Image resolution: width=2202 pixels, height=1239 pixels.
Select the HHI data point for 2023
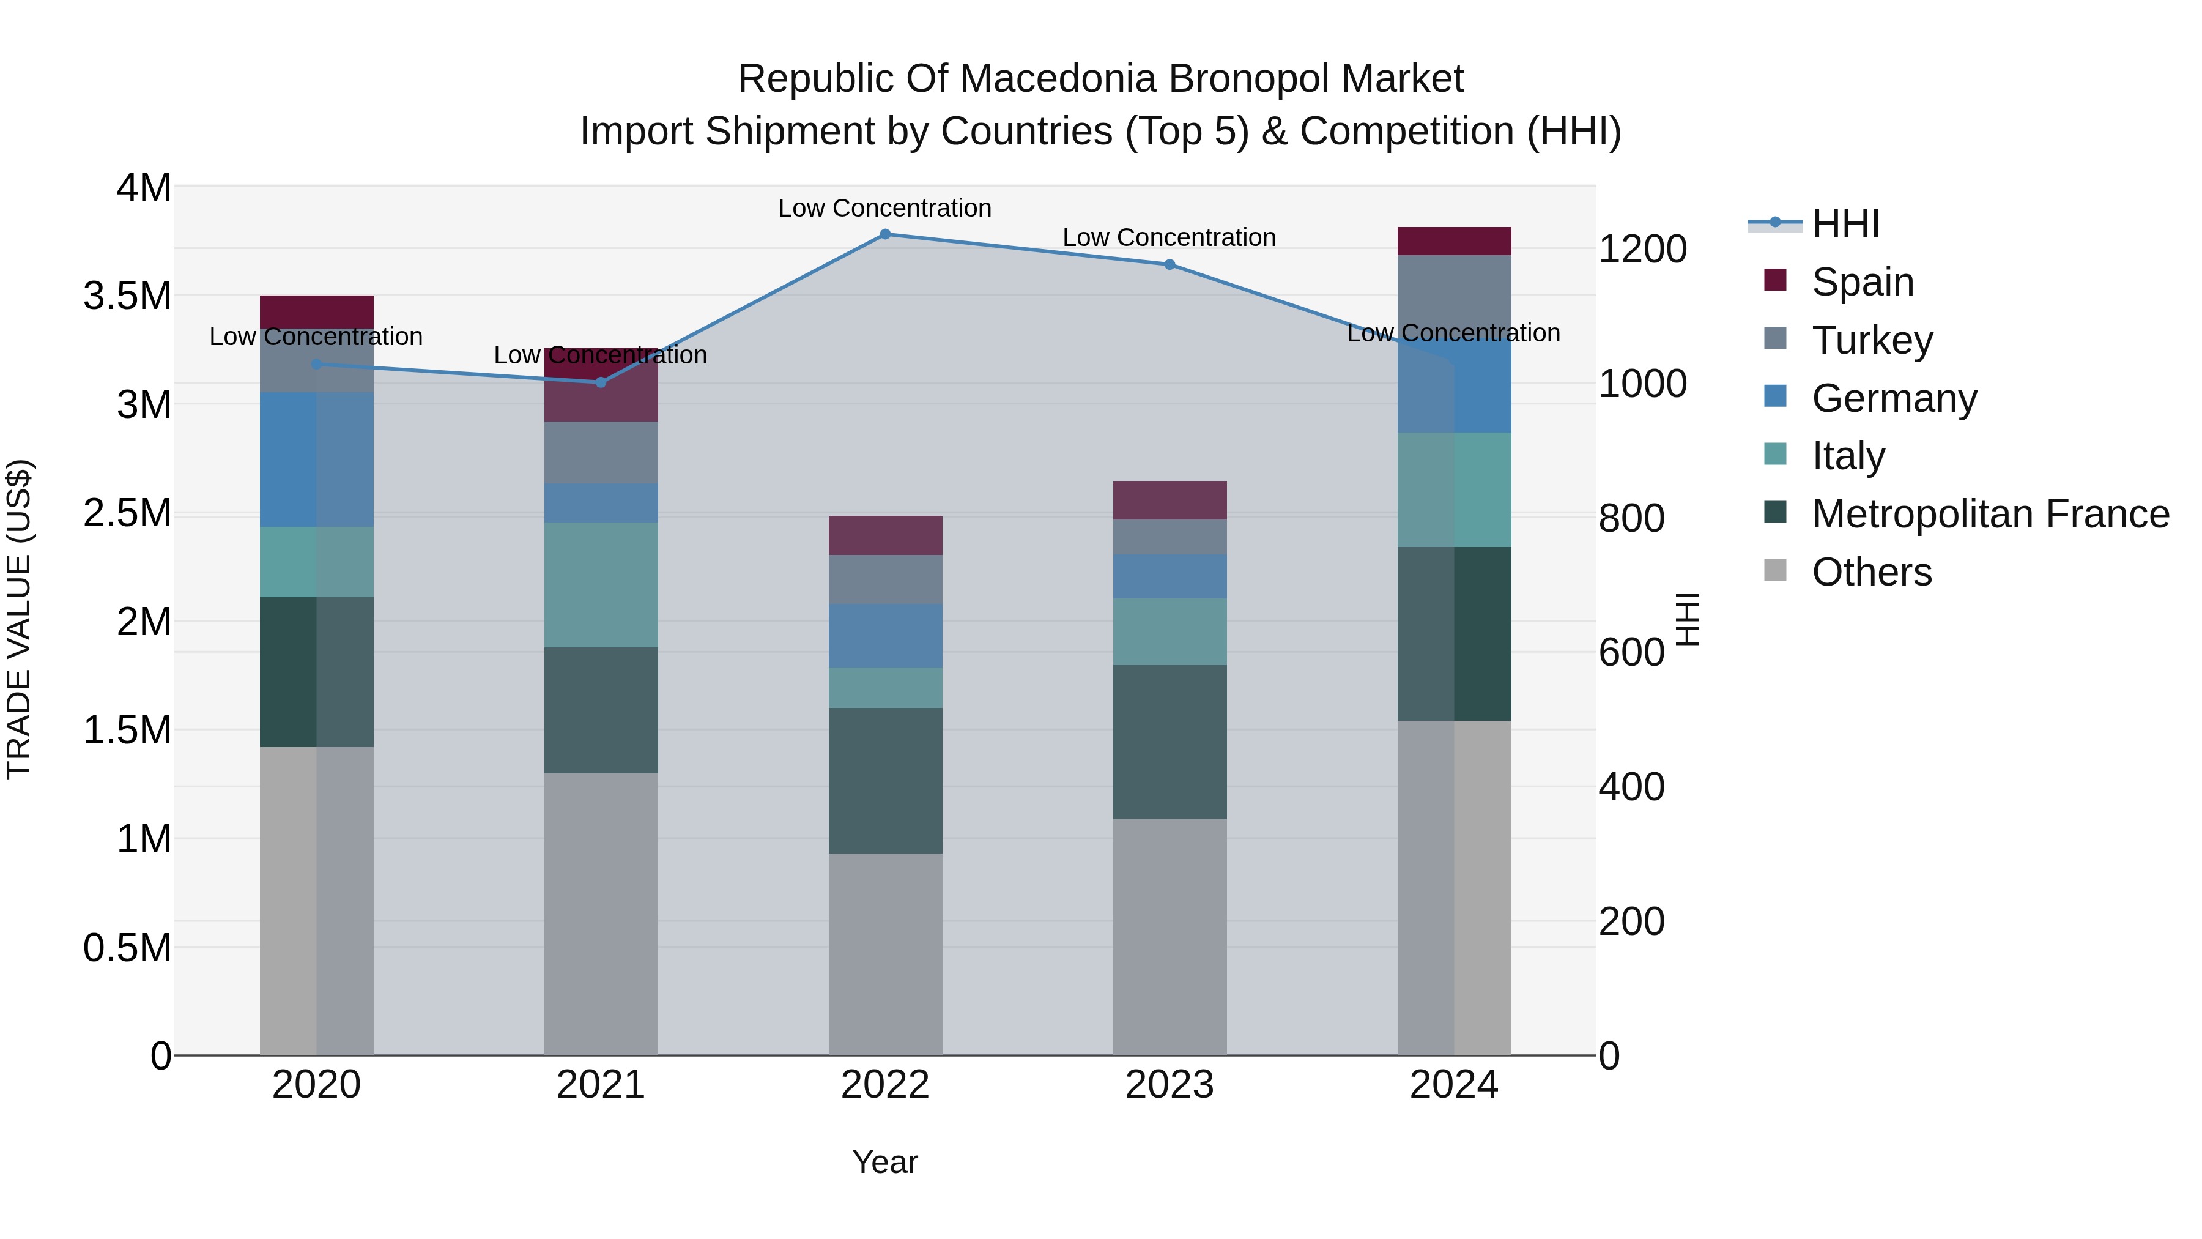(1170, 264)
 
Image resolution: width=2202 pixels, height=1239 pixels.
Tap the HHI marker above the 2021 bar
(601, 382)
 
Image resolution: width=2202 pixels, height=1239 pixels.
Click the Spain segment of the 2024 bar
(1454, 241)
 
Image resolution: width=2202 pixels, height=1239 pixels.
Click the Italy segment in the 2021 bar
(601, 585)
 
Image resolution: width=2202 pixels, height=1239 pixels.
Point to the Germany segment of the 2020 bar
(316, 459)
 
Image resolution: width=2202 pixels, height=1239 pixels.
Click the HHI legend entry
(1845, 224)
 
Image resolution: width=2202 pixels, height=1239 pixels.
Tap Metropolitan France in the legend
(1990, 514)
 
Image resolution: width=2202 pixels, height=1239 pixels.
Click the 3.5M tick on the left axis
(127, 296)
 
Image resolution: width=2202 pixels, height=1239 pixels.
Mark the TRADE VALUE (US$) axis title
(19, 619)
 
